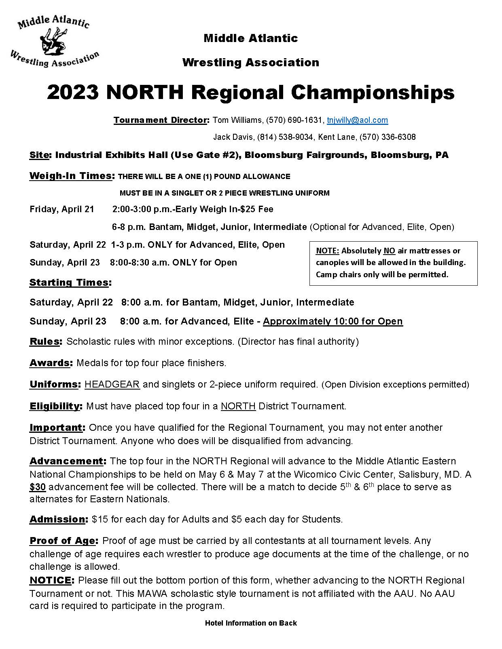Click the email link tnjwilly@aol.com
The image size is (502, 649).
[357, 120]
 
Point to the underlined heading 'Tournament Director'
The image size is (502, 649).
[160, 120]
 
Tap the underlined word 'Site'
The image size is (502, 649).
[39, 155]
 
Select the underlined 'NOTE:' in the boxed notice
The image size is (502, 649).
[327, 251]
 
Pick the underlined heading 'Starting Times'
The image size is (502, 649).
[69, 282]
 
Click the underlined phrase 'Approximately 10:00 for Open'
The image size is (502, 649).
[333, 321]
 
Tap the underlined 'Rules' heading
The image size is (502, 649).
[44, 341]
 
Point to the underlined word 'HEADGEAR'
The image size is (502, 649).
[112, 384]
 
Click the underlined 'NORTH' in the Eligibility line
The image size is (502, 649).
[238, 406]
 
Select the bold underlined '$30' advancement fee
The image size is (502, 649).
[37, 487]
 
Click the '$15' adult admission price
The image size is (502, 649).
[100, 519]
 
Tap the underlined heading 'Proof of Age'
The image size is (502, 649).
[63, 541]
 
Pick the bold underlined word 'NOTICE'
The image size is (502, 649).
[50, 581]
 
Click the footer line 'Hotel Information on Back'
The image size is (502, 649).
[251, 623]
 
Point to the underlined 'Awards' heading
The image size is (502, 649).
[50, 363]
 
